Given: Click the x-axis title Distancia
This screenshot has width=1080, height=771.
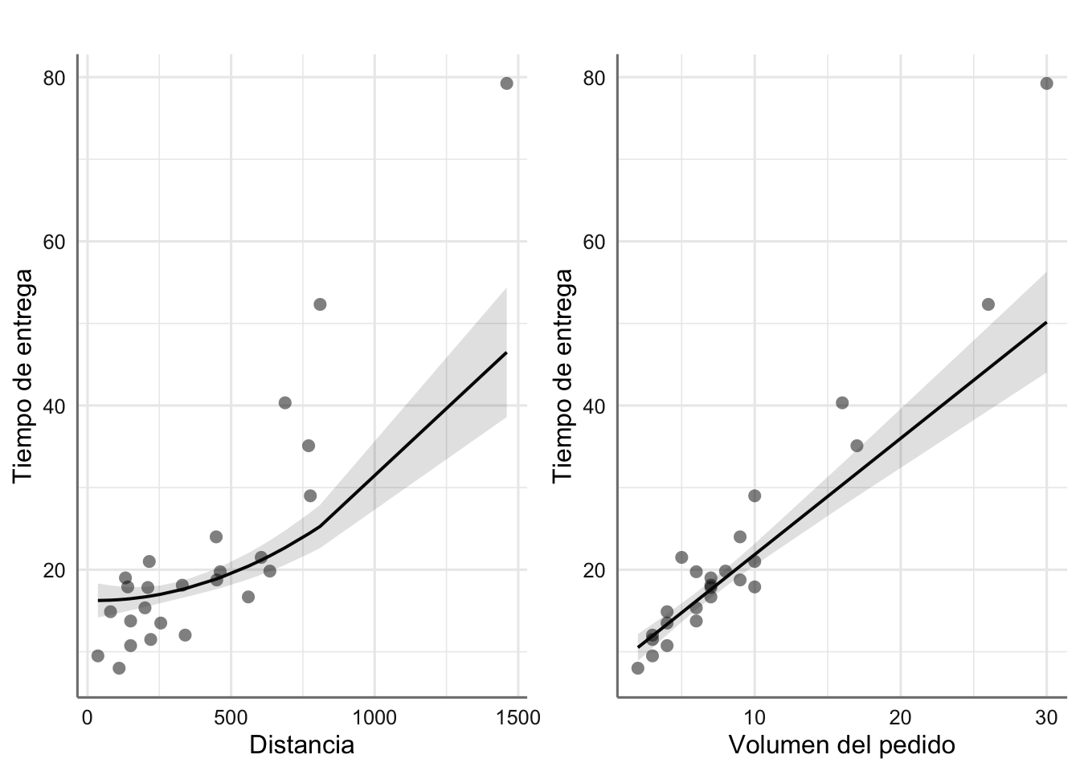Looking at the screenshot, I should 301,745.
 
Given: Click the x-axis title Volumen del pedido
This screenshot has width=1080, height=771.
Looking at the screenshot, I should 841,745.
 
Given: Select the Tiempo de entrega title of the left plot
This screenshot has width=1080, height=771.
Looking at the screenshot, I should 23,376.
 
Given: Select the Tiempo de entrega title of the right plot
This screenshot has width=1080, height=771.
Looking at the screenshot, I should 563,376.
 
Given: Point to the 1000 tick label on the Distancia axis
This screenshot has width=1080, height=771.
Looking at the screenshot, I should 374,718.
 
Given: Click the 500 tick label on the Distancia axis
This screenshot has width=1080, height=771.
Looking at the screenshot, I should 231,718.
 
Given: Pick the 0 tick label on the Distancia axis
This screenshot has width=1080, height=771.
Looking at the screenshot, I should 87,718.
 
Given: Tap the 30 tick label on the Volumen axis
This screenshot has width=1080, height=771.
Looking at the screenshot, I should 1046,718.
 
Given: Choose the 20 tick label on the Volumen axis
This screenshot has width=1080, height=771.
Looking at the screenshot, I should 900,718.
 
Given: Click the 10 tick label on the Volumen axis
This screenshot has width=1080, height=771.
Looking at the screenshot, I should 755,718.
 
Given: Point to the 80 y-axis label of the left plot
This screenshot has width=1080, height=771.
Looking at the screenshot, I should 55,78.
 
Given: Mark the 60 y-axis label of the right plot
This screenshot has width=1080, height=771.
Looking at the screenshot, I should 595,242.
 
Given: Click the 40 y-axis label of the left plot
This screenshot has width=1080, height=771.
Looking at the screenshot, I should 55,406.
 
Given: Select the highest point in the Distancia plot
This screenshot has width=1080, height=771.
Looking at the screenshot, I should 506,84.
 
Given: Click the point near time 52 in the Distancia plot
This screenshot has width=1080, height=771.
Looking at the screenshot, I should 320,304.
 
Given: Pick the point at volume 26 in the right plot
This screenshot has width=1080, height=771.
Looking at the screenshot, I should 988,304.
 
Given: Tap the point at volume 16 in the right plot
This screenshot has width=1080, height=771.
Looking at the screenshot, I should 842,402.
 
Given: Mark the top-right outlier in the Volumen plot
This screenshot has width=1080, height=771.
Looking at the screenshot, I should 1046,84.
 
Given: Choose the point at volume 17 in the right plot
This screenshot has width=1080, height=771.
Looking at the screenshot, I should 857,446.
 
